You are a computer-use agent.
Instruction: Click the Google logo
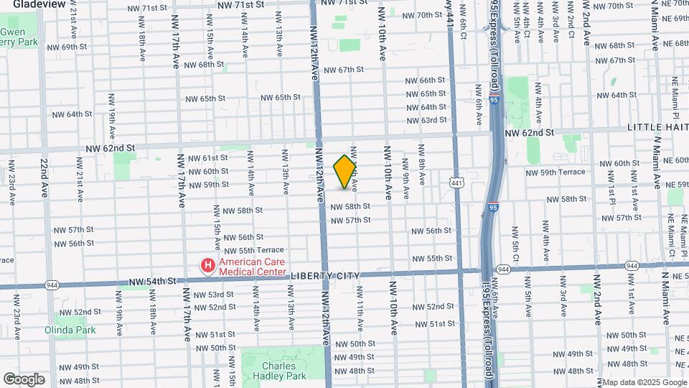(x=24, y=379)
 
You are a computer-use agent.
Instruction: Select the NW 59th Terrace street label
(x=556, y=172)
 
